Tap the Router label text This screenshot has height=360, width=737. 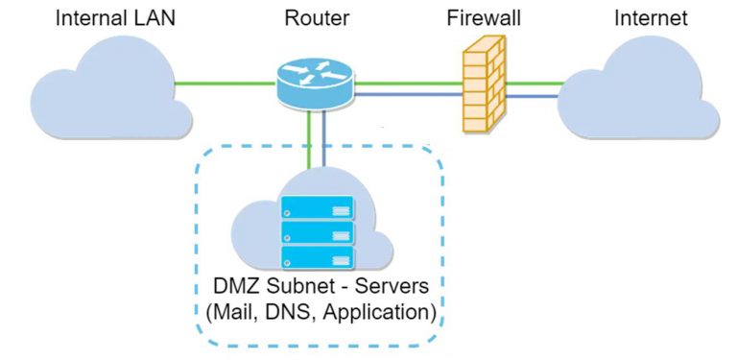pos(316,18)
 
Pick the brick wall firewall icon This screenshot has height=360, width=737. pos(486,87)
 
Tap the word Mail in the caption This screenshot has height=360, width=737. pos(236,312)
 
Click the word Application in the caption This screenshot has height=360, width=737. pos(380,313)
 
